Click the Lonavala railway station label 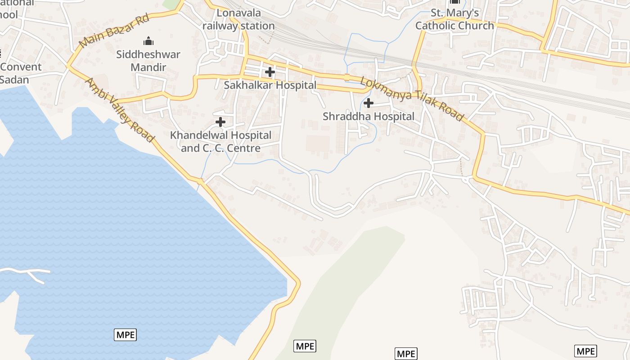[x=238, y=19]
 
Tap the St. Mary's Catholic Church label [x=454, y=19]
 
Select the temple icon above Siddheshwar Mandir [x=148, y=42]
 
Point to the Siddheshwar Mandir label [x=148, y=61]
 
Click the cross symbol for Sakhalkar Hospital [x=270, y=72]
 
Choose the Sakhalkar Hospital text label [x=270, y=85]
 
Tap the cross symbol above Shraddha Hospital [x=369, y=103]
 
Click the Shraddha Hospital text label [x=369, y=117]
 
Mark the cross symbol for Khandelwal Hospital [x=220, y=122]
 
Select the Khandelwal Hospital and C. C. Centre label [x=220, y=142]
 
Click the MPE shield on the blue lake [x=125, y=335]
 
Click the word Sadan [x=14, y=80]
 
